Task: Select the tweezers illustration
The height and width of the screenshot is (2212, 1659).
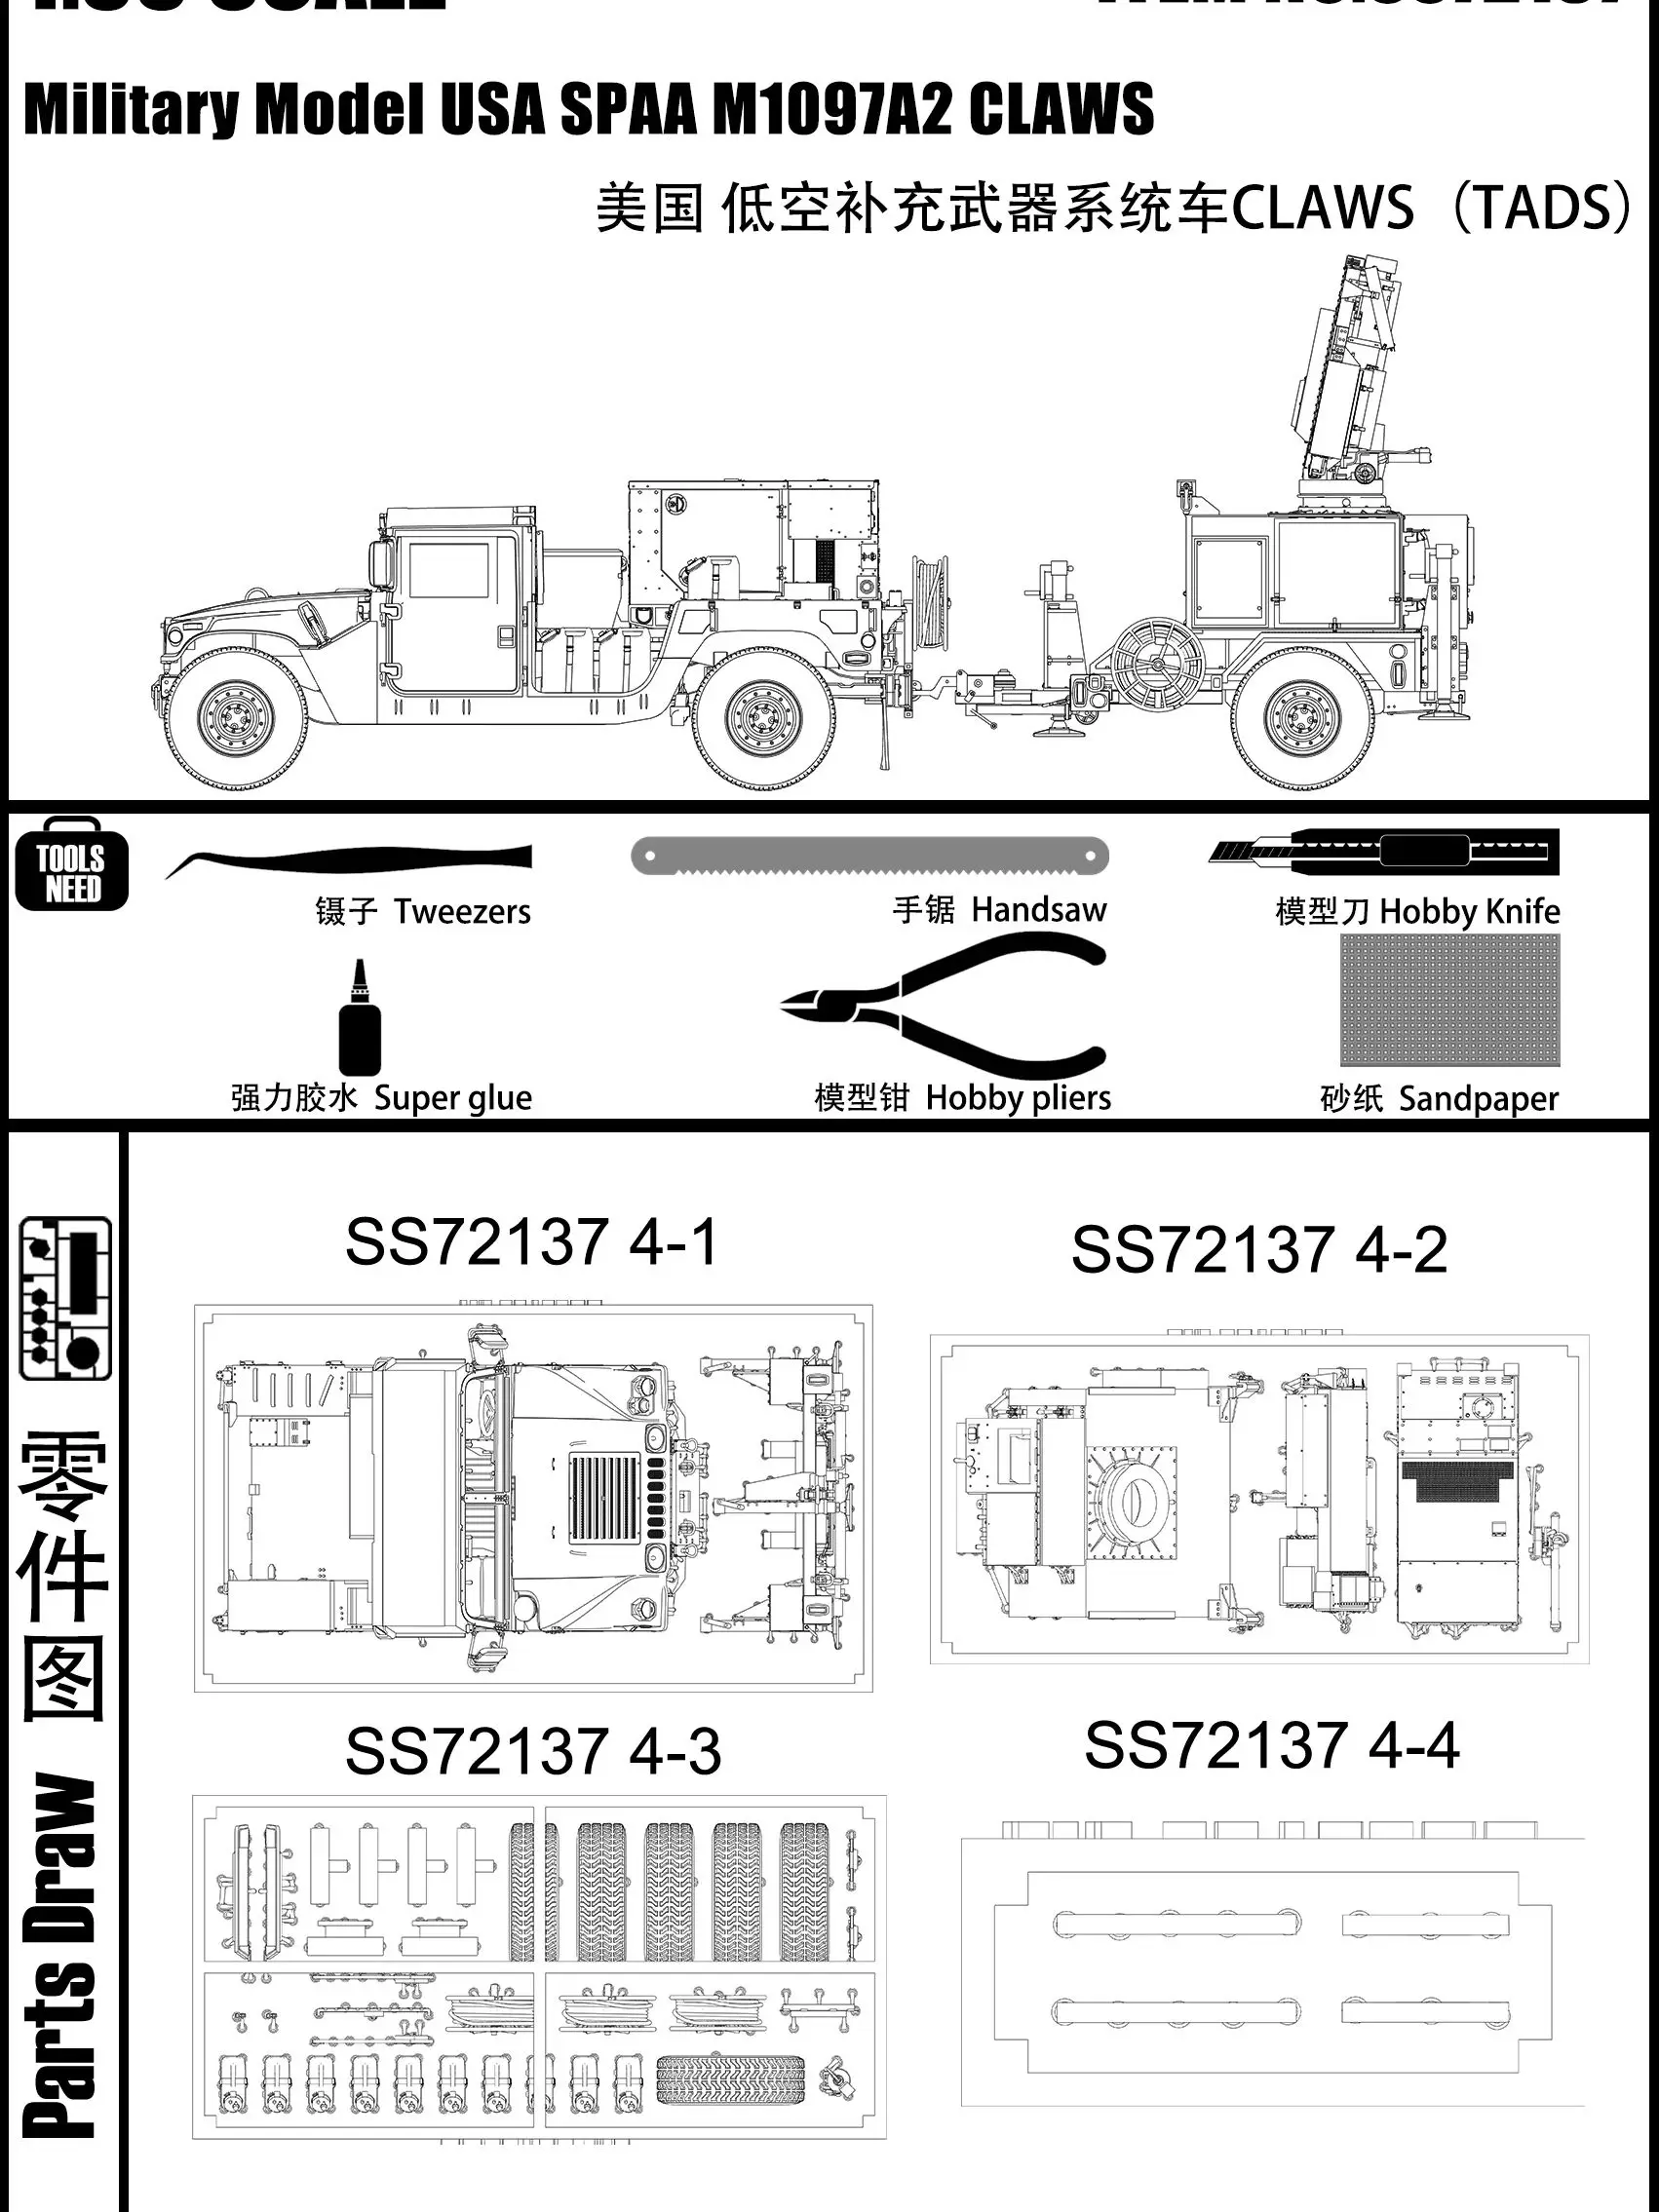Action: pos(350,859)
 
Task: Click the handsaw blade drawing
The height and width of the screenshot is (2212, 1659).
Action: pos(869,856)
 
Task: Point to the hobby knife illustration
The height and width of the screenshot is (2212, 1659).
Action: pos(1384,852)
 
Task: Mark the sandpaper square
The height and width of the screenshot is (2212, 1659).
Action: pos(1449,1001)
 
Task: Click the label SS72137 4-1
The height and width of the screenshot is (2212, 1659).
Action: pos(531,1243)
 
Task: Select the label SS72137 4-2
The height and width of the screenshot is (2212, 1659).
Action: pos(1258,1250)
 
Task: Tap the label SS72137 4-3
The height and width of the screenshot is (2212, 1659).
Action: pos(532,1751)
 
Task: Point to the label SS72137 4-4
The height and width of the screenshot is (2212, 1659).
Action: pos(1271,1745)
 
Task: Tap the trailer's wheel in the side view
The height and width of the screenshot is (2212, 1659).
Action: pos(1302,717)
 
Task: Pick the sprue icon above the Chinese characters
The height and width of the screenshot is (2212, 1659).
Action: pos(65,1298)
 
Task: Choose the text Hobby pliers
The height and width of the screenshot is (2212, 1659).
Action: pos(1018,1098)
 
